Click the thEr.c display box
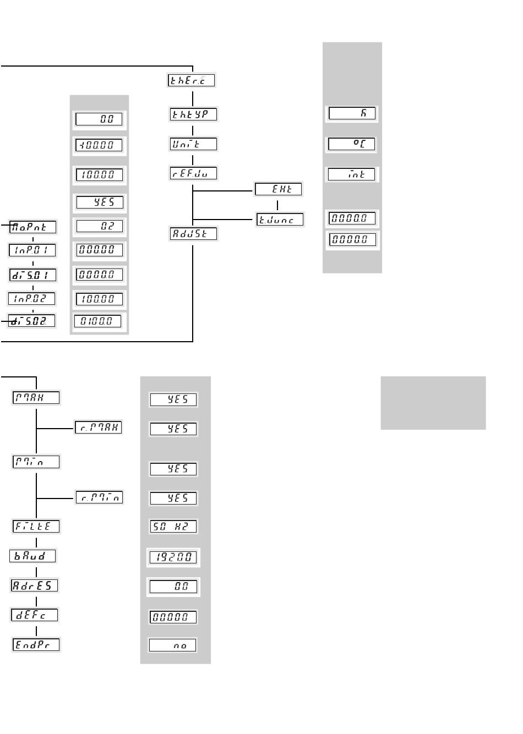[190, 80]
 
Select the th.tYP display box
[193, 114]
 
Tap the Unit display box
[193, 144]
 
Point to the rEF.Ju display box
[193, 173]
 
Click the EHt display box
[278, 189]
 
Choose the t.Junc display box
[280, 220]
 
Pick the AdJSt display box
[193, 233]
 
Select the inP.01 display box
[32, 250]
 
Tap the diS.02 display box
[32, 321]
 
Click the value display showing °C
[351, 144]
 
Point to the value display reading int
[351, 174]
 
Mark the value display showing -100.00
[99, 146]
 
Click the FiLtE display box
[36, 526]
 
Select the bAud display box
[32, 556]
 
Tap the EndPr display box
[36, 645]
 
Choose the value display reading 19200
[173, 557]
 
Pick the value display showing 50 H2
[173, 526]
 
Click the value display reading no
[173, 645]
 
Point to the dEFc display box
[34, 615]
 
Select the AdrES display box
[34, 585]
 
